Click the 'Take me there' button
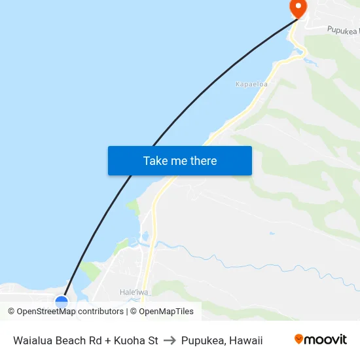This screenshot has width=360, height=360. pos(180,161)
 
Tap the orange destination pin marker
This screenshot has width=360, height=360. pos(298,8)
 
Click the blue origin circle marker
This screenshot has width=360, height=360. pos(62,302)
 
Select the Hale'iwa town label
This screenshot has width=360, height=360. pos(132,292)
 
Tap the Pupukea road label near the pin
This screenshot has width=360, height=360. pos(343,30)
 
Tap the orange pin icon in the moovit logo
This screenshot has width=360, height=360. pos(299,339)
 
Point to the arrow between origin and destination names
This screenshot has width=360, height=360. pos(170,340)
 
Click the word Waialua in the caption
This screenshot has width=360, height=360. pos(33,340)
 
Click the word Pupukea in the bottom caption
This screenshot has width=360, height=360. pos(202,340)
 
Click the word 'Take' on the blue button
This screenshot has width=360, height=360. pos(155,161)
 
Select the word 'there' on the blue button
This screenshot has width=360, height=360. pos(203,161)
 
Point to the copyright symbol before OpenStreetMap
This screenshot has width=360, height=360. pos(12,312)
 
